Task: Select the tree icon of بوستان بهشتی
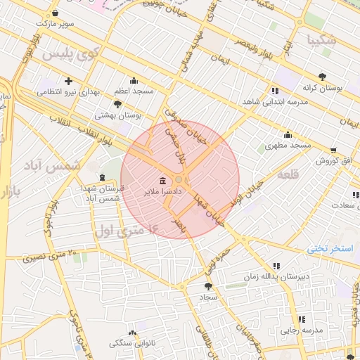click(117, 104)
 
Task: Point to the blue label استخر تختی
click(333, 250)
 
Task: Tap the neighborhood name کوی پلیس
click(69, 53)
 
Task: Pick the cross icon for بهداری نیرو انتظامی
click(68, 80)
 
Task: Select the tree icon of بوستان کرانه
click(323, 76)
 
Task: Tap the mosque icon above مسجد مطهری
click(287, 134)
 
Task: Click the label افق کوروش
click(333, 161)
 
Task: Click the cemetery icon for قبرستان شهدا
click(103, 176)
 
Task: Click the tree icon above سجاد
click(207, 286)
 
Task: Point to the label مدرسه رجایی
click(302, 330)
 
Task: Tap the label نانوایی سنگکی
click(133, 344)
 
